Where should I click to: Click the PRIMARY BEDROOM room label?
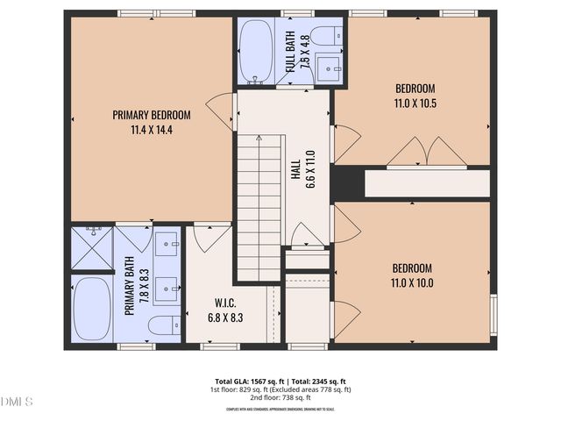tap(152, 114)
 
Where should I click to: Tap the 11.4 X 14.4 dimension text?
tap(152, 130)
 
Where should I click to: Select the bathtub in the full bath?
tap(255, 52)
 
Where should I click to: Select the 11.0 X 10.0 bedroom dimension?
tap(412, 282)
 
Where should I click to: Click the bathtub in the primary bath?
tap(91, 310)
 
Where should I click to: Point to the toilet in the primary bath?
tap(163, 325)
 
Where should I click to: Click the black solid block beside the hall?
tap(347, 182)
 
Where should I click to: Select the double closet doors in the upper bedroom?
tap(428, 154)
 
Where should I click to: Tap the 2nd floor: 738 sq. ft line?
tap(280, 397)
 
